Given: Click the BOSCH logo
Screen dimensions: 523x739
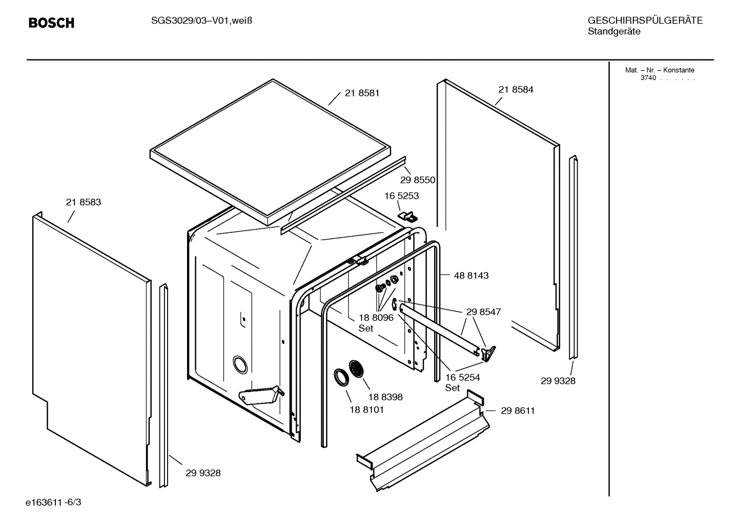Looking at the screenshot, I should tap(51, 23).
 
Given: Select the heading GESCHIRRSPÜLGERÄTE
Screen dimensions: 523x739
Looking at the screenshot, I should tap(645, 21).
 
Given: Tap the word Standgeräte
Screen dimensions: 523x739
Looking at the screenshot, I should tap(613, 32).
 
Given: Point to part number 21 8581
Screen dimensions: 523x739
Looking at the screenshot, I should tap(362, 93).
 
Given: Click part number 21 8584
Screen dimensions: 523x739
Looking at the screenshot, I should tap(516, 89).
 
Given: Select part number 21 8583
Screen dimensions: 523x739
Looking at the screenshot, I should tap(84, 202).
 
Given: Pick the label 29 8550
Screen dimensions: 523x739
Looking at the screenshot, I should tap(417, 180).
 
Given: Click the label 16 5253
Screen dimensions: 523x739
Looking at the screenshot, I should tap(402, 196).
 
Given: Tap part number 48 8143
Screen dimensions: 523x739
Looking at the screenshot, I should tap(471, 276).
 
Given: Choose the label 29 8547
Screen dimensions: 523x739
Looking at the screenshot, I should tap(483, 312).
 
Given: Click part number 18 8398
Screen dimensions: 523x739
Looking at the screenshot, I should tap(385, 397).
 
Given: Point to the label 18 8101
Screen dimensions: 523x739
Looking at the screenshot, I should tap(366, 410).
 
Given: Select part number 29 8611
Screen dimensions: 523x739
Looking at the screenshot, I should tap(518, 411).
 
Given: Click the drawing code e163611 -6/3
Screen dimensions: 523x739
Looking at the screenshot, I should tap(53, 502).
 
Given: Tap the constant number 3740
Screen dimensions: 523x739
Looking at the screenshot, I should tap(648, 78).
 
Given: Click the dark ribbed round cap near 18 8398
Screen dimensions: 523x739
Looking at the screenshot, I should tap(356, 370).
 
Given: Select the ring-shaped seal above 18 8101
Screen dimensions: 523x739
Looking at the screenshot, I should tap(340, 377).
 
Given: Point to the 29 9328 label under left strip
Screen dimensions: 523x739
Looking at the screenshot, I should tap(203, 473).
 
